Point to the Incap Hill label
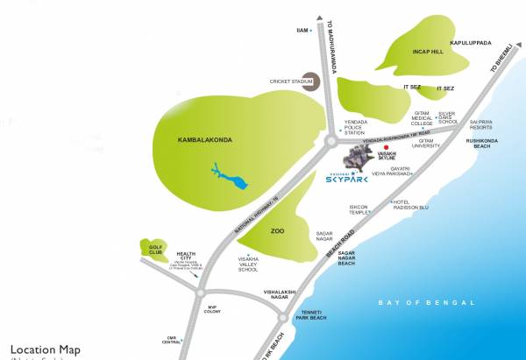tap(429, 52)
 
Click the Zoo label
tap(277, 231)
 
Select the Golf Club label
tap(153, 250)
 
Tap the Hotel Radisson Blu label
tap(410, 207)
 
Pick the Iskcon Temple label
tap(359, 210)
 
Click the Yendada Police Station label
tap(354, 127)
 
